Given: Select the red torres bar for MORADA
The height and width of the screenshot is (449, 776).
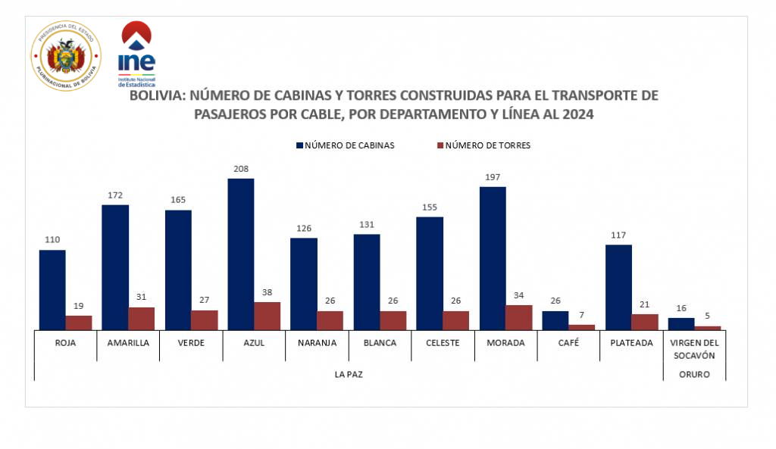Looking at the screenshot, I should tap(518, 317).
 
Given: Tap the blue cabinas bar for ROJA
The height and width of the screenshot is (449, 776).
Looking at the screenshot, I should tap(52, 289).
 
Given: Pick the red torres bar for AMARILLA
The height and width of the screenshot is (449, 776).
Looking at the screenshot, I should tap(141, 318).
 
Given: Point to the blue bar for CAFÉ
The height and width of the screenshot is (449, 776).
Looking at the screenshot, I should tap(555, 320).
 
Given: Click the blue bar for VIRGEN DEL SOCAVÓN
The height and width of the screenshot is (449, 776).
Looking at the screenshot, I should tap(681, 323).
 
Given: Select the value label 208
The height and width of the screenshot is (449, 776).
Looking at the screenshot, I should tap(240, 169).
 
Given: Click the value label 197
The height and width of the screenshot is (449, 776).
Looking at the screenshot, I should tap(493, 177).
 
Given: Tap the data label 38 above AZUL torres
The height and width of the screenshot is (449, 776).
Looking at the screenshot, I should tap(267, 292).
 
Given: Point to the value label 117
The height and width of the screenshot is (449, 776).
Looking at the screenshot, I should tap(618, 235).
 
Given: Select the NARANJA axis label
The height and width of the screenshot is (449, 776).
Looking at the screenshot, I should tap(318, 342).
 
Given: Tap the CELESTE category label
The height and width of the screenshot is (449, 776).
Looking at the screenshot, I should tap(443, 342).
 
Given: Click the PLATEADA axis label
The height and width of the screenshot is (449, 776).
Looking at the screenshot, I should tap(632, 342).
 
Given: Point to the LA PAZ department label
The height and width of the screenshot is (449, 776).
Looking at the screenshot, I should tap(349, 374).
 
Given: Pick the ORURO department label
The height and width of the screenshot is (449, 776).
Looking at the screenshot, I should tap(694, 374).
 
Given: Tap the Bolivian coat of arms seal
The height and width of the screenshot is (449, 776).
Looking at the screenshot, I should tap(66, 55).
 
